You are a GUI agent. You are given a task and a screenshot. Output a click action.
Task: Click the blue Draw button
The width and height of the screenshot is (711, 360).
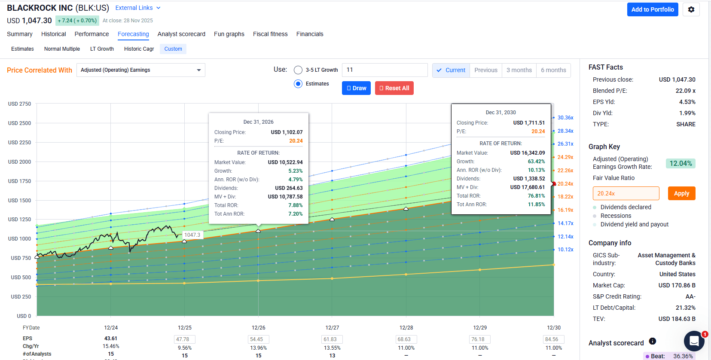(356, 88)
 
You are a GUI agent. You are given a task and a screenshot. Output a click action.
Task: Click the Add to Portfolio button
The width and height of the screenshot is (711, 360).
(652, 9)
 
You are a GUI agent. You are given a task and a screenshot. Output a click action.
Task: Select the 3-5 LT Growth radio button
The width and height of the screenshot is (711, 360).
(298, 70)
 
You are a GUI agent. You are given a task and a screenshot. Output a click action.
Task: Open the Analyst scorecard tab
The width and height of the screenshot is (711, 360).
(181, 34)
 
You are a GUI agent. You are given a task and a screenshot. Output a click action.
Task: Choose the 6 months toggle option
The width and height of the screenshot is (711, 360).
(553, 70)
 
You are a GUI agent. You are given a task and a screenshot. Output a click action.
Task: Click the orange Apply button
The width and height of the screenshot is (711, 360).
(681, 193)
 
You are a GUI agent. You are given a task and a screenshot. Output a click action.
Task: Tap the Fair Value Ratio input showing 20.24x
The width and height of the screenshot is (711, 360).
(626, 193)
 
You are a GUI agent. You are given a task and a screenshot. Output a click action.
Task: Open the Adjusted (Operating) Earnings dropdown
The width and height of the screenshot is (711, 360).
(140, 70)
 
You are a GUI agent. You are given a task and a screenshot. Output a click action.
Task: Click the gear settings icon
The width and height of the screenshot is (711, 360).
(691, 9)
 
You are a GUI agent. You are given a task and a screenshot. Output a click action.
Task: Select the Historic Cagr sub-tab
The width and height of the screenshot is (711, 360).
(139, 49)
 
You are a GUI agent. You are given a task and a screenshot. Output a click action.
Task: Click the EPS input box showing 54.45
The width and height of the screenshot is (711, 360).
(258, 339)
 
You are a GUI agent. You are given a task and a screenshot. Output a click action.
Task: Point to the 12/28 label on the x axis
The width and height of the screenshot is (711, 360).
(406, 328)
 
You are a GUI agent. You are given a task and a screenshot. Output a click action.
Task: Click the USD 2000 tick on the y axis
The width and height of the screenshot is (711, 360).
(19, 162)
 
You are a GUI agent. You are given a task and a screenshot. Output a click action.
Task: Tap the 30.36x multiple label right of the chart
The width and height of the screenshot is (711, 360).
(565, 118)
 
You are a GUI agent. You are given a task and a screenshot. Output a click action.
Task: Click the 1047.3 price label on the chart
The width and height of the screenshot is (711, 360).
(192, 235)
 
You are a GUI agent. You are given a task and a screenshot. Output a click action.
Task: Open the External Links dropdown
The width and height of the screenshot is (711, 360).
(138, 8)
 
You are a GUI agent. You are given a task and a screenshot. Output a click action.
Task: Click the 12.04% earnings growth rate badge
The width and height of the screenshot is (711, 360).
(680, 163)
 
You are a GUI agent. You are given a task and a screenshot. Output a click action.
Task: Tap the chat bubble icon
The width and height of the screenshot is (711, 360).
(693, 341)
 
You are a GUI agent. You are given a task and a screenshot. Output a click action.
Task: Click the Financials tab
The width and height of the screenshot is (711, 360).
(309, 34)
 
